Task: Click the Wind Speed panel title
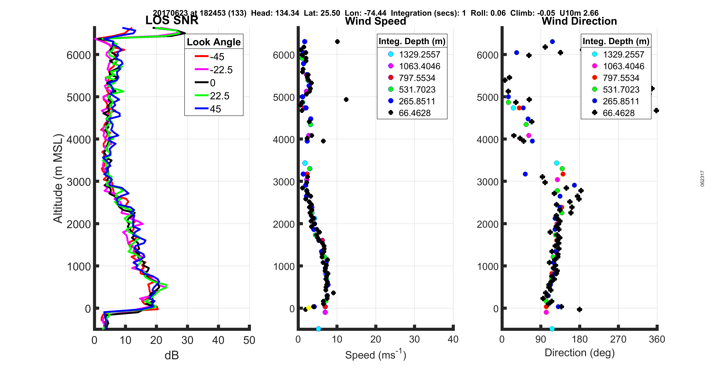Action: point(375,21)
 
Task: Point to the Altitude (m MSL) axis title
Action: point(58,179)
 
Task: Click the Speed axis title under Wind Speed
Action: point(375,355)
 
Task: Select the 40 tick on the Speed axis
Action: point(453,339)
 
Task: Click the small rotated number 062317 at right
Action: point(702,179)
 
